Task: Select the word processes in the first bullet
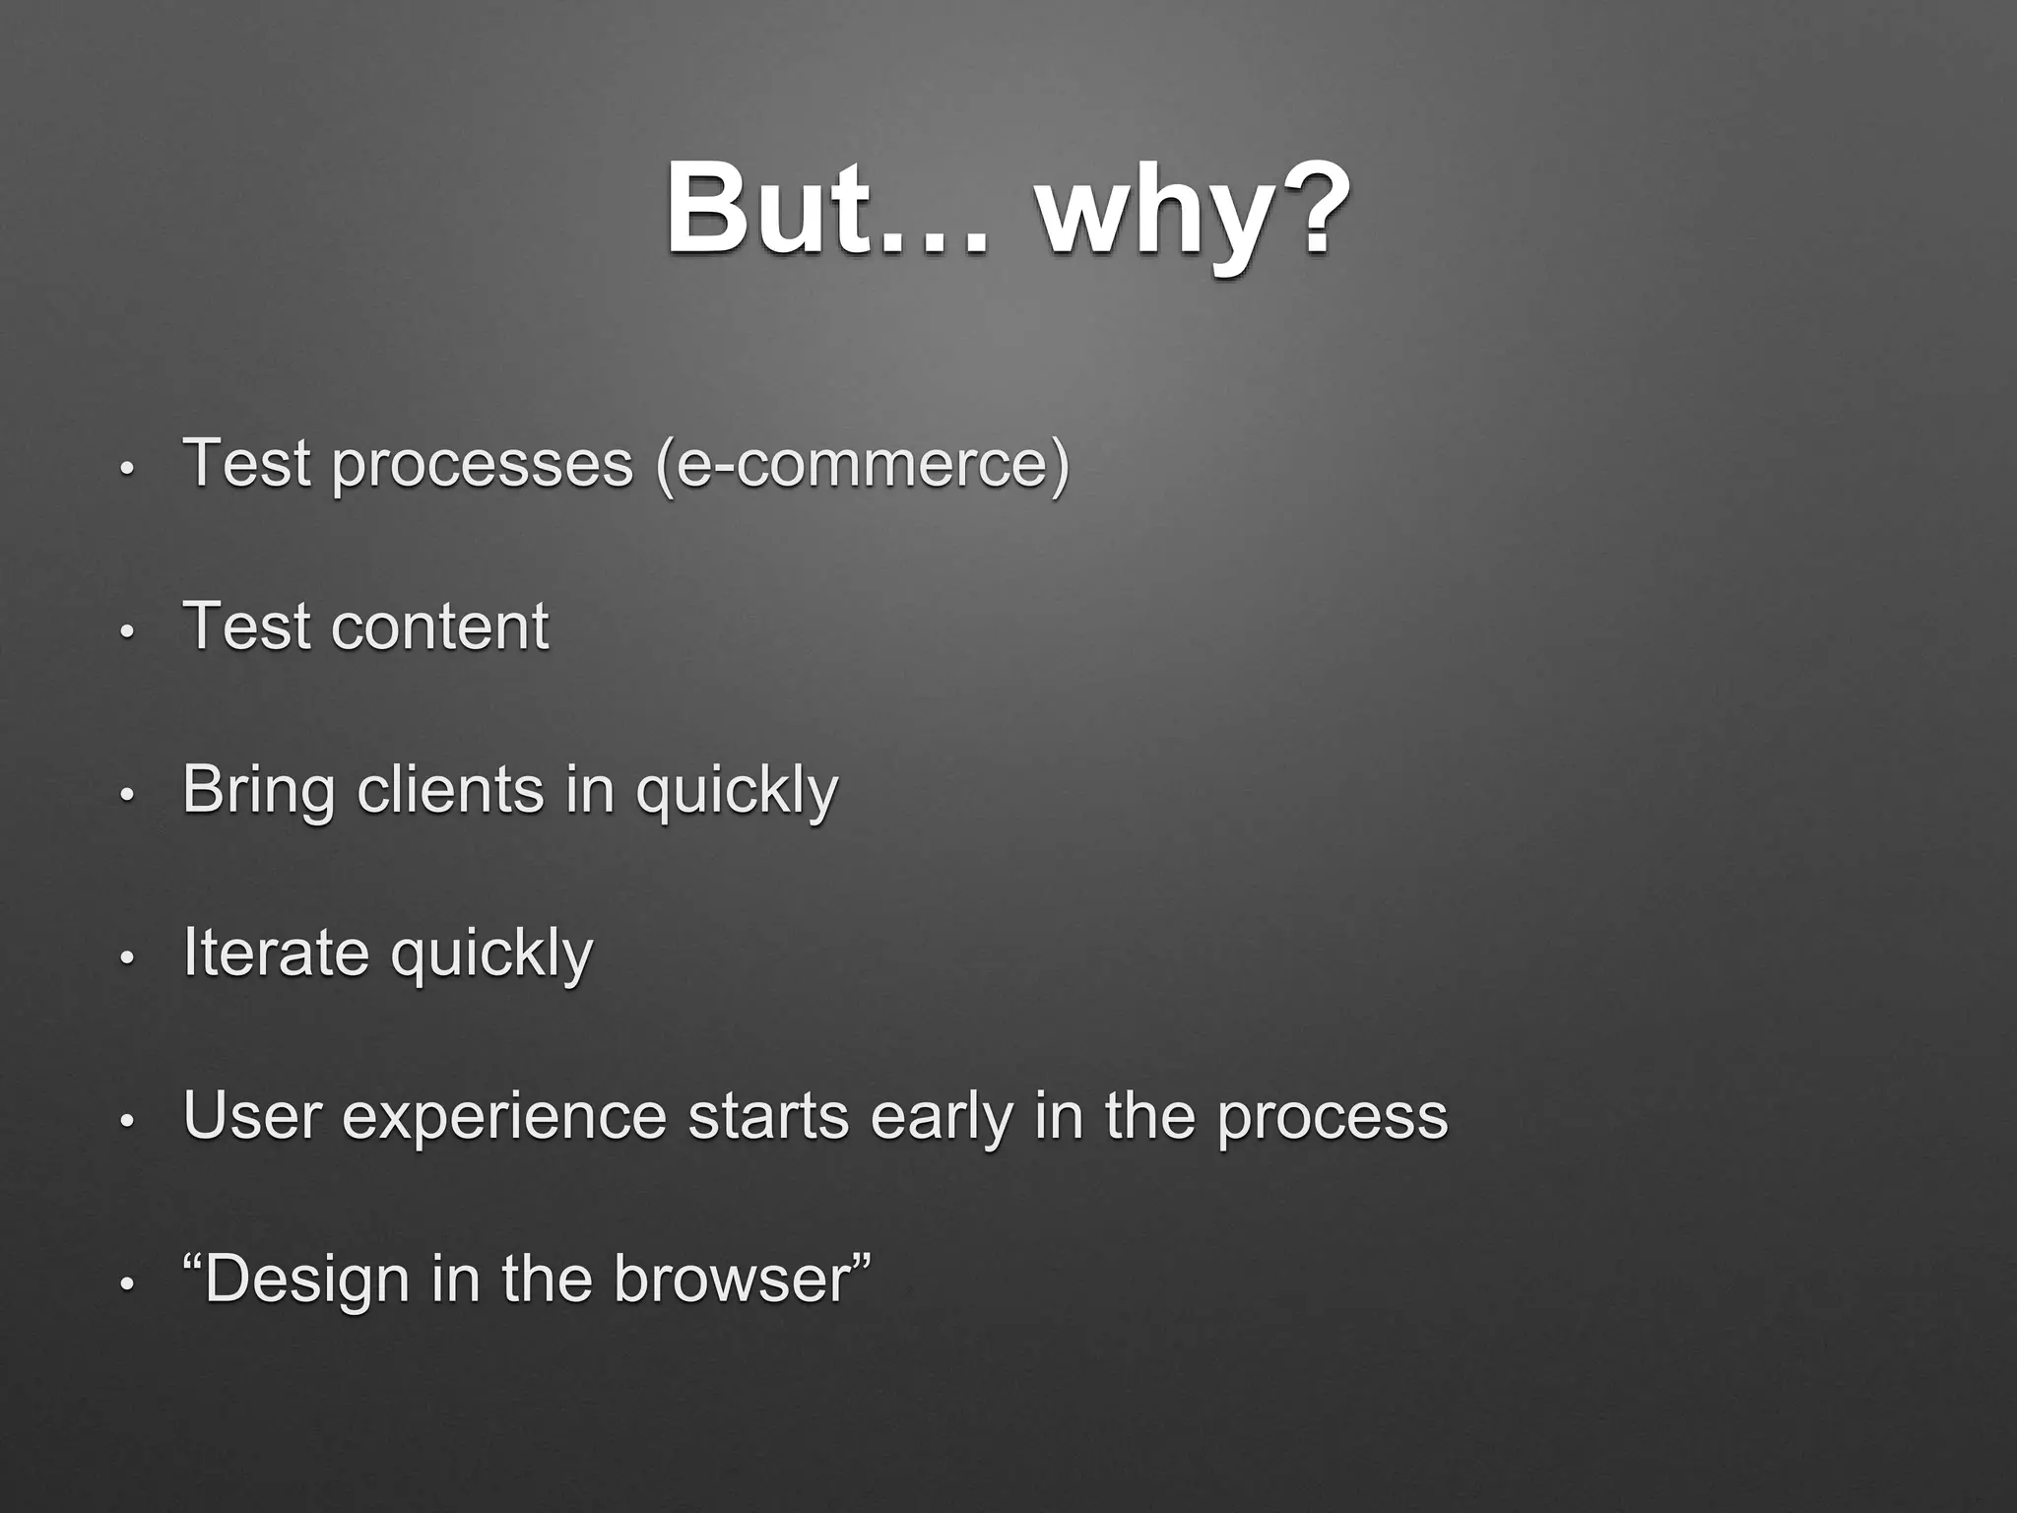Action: (x=483, y=463)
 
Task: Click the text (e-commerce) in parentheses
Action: (x=863, y=463)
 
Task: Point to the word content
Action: (x=439, y=626)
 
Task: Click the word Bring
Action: (x=258, y=790)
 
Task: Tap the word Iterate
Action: (x=276, y=954)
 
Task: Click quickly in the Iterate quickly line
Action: (x=491, y=954)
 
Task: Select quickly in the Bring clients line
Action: (x=737, y=790)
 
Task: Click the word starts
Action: (x=768, y=1116)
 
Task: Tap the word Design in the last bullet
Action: (x=307, y=1280)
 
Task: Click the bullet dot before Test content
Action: (x=125, y=631)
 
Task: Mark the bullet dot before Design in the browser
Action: (x=125, y=1284)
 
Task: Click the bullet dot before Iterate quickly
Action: (x=125, y=958)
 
